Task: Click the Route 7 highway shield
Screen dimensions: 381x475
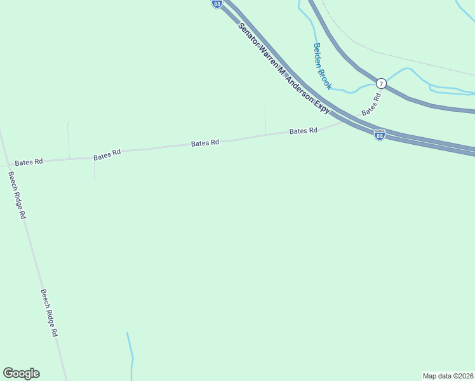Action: point(380,83)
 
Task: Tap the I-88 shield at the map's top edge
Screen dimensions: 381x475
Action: point(217,4)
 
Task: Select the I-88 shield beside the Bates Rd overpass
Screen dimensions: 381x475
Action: point(379,135)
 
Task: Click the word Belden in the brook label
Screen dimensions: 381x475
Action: point(318,55)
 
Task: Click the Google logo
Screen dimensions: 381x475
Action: point(21,373)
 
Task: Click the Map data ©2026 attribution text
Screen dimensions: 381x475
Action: point(448,375)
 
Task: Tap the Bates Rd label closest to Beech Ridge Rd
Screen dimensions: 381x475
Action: point(29,162)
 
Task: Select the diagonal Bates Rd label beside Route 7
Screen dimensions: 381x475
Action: point(371,105)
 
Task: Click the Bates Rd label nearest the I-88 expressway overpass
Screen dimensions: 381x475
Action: point(303,131)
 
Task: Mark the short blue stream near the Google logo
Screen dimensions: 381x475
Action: point(130,356)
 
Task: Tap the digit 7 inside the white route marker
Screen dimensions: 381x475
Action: point(380,83)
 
